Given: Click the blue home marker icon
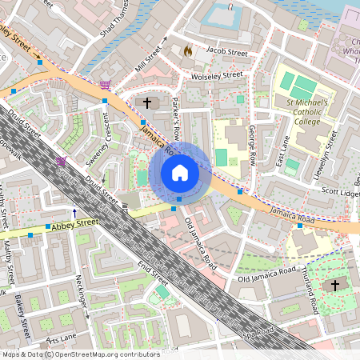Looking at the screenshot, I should click(180, 172).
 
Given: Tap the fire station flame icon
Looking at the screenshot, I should click(189, 50).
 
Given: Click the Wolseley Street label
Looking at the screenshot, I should click(216, 75).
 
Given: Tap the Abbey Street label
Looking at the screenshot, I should click(74, 224).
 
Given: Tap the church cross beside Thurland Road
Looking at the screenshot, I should click(335, 284).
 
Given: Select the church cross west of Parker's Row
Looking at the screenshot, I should click(146, 102).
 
